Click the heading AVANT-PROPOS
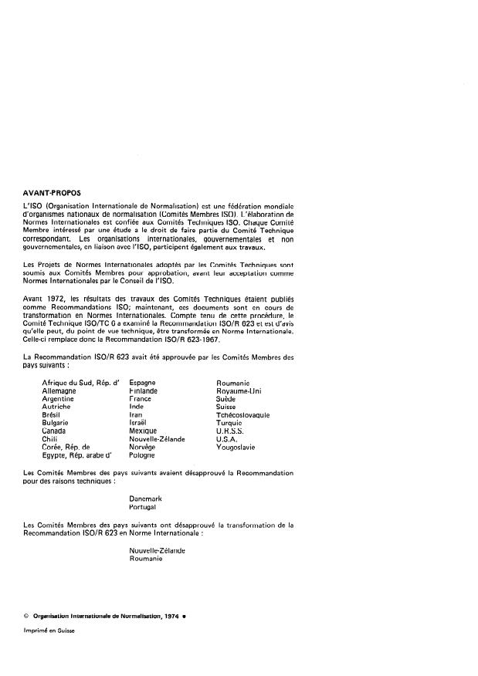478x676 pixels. tap(53, 193)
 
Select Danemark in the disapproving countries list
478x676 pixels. tap(147, 499)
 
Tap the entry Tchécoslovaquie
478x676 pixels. tap(243, 414)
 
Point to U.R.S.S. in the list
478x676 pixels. tap(232, 431)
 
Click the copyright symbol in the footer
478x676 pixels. tap(26, 615)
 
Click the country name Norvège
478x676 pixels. tap(142, 447)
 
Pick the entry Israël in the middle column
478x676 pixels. tap(138, 423)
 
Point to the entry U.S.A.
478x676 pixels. tap(229, 438)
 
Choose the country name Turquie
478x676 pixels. tap(230, 423)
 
